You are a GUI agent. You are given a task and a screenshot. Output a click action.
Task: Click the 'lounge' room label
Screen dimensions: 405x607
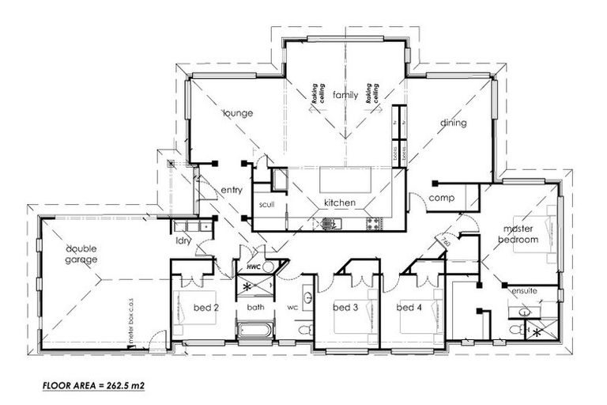pyautogui.click(x=237, y=113)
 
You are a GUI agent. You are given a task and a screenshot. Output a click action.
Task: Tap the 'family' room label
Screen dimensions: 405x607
pyautogui.click(x=345, y=94)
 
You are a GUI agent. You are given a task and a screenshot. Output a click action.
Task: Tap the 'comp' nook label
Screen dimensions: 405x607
pyautogui.click(x=440, y=198)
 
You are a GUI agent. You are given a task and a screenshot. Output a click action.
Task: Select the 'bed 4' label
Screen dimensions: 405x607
pyautogui.click(x=409, y=307)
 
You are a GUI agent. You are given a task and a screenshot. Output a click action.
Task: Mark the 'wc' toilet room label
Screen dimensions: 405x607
pyautogui.click(x=290, y=306)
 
